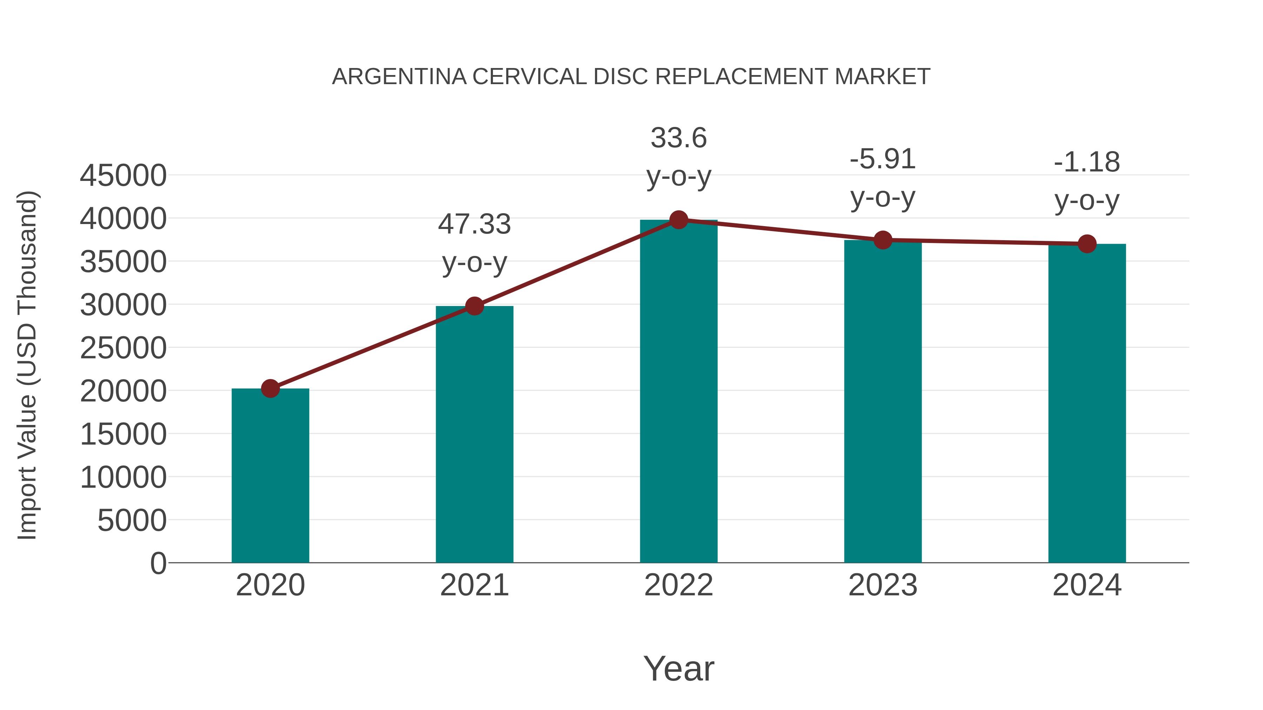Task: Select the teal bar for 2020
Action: tap(270, 475)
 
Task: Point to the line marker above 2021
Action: tap(475, 306)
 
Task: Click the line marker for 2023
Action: tap(883, 240)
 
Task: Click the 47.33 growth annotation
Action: tap(475, 224)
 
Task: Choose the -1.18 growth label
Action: tap(1087, 162)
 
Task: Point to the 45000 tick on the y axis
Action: tap(123, 175)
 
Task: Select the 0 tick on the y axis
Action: tap(158, 563)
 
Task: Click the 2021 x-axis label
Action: tap(475, 585)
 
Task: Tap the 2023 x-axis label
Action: tap(883, 585)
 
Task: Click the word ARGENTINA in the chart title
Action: tap(399, 77)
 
